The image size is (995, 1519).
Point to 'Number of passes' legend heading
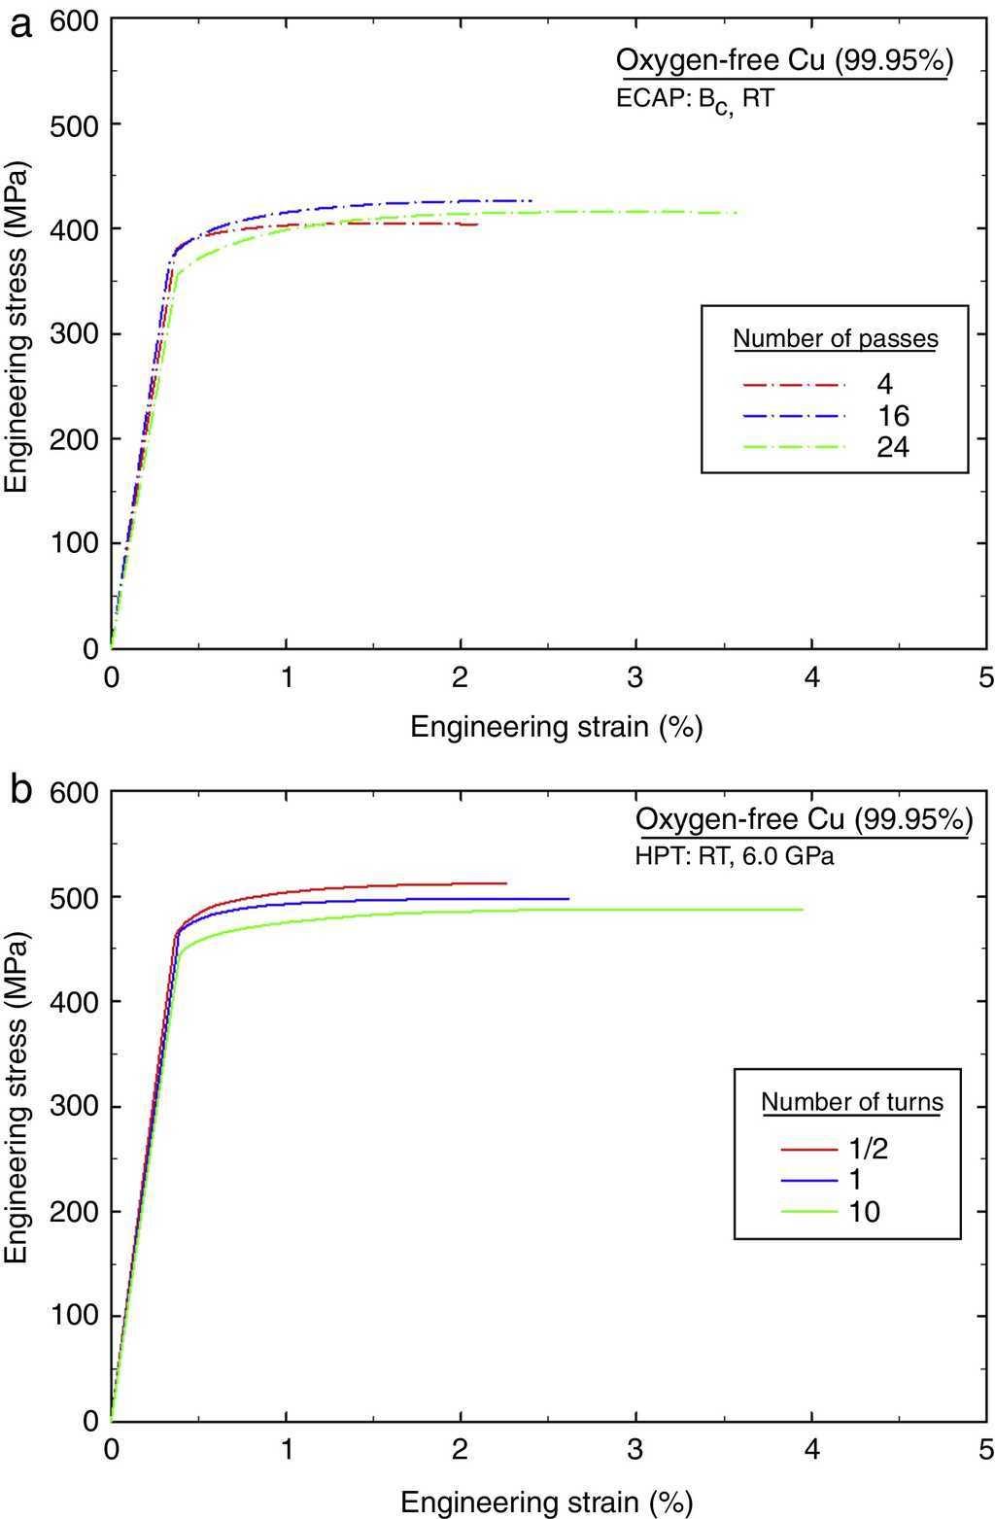click(835, 338)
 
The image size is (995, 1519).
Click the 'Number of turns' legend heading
click(851, 1102)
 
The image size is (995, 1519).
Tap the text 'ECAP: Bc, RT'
click(695, 99)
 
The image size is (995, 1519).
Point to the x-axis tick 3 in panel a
click(635, 677)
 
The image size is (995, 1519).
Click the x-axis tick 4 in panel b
click(811, 1449)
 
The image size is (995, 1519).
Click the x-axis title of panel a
click(556, 726)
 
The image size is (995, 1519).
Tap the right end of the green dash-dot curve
click(736, 213)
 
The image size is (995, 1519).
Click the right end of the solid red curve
click(506, 882)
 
